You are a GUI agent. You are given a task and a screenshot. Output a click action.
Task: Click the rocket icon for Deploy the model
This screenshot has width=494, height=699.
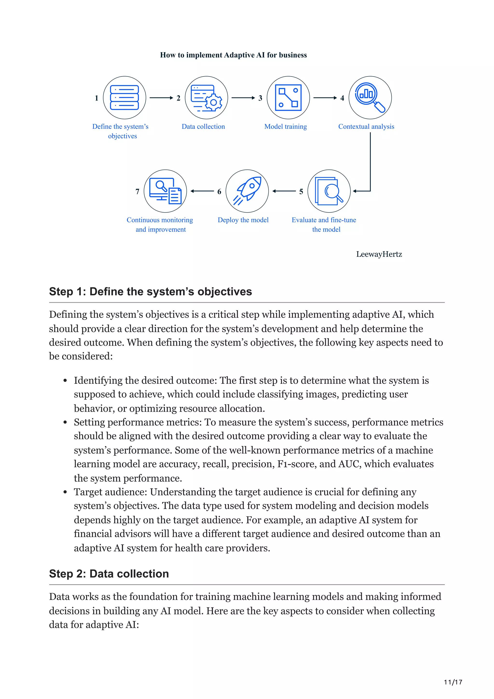[x=247, y=191]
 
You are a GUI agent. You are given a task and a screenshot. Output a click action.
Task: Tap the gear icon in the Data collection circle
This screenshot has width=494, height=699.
[x=214, y=103]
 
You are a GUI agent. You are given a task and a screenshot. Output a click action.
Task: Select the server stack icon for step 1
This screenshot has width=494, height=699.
[x=124, y=97]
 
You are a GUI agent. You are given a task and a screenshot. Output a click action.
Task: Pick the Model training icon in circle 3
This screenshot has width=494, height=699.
[x=288, y=97]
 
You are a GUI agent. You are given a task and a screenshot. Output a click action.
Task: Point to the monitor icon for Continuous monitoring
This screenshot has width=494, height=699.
[x=165, y=191]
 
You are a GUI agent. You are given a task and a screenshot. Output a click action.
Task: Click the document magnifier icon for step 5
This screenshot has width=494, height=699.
[x=329, y=191]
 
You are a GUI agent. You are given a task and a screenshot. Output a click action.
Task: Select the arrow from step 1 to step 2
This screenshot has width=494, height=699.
[x=161, y=98]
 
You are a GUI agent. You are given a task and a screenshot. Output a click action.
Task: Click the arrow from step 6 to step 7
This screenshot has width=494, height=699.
[x=202, y=191]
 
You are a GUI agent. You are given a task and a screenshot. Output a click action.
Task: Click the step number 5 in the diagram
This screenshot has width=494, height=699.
[x=301, y=192]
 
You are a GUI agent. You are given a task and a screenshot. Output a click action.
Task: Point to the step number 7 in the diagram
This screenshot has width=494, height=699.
[x=137, y=192]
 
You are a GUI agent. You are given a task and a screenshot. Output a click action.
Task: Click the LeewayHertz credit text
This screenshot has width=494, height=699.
[x=379, y=254]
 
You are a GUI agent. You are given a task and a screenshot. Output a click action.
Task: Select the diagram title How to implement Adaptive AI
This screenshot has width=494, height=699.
[x=233, y=55]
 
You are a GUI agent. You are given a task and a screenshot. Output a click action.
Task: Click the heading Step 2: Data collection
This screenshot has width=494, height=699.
[x=109, y=574]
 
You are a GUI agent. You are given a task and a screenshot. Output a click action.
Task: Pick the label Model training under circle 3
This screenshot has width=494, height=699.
[x=286, y=126]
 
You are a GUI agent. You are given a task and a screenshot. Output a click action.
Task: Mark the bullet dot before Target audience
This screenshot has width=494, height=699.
[x=65, y=492]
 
